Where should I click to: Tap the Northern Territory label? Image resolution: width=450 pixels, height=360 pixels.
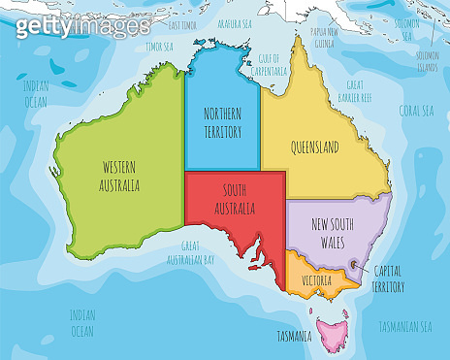222,122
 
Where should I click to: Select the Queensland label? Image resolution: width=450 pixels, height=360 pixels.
314,147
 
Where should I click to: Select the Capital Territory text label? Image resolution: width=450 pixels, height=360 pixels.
388,280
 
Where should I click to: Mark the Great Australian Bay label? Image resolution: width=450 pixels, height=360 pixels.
203,254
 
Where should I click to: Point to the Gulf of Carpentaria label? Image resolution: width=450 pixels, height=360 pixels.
276,65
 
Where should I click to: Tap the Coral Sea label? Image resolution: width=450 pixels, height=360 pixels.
415,110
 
